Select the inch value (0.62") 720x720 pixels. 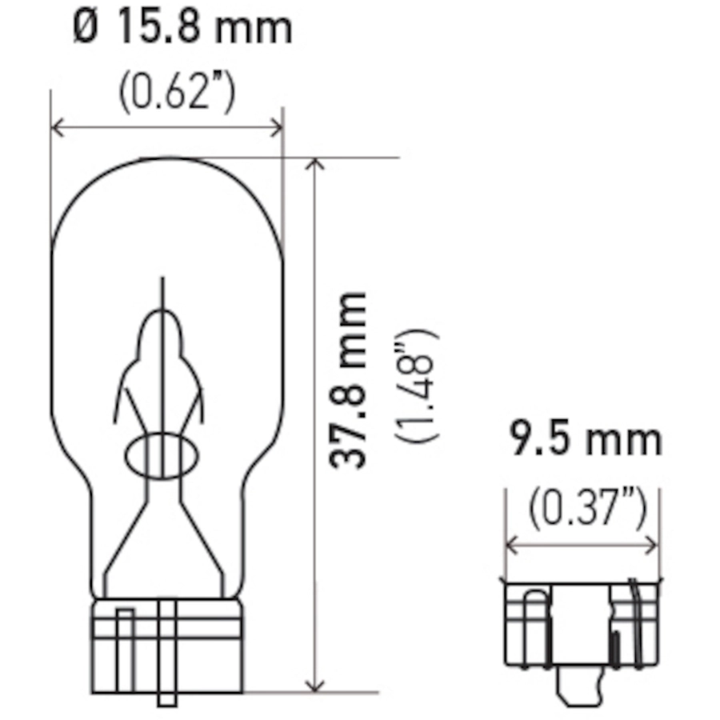[x=177, y=92]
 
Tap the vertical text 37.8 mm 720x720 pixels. [x=348, y=380]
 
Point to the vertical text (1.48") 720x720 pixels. [x=417, y=386]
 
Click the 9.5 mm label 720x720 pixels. [x=586, y=439]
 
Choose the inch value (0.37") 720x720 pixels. [x=587, y=508]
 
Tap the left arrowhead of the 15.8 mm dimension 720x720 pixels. [x=57, y=127]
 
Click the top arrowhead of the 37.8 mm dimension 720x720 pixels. [x=315, y=164]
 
